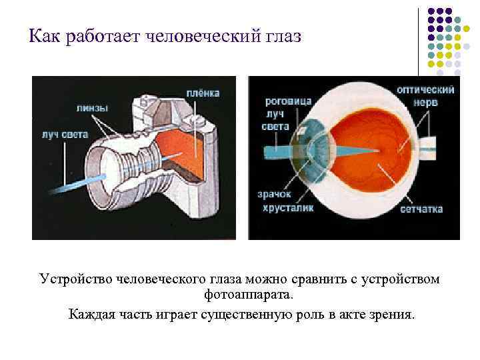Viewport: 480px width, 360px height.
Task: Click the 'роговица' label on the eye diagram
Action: (289, 101)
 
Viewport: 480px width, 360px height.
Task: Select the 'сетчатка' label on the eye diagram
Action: (421, 209)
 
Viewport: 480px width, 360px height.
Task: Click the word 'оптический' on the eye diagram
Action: (425, 90)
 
